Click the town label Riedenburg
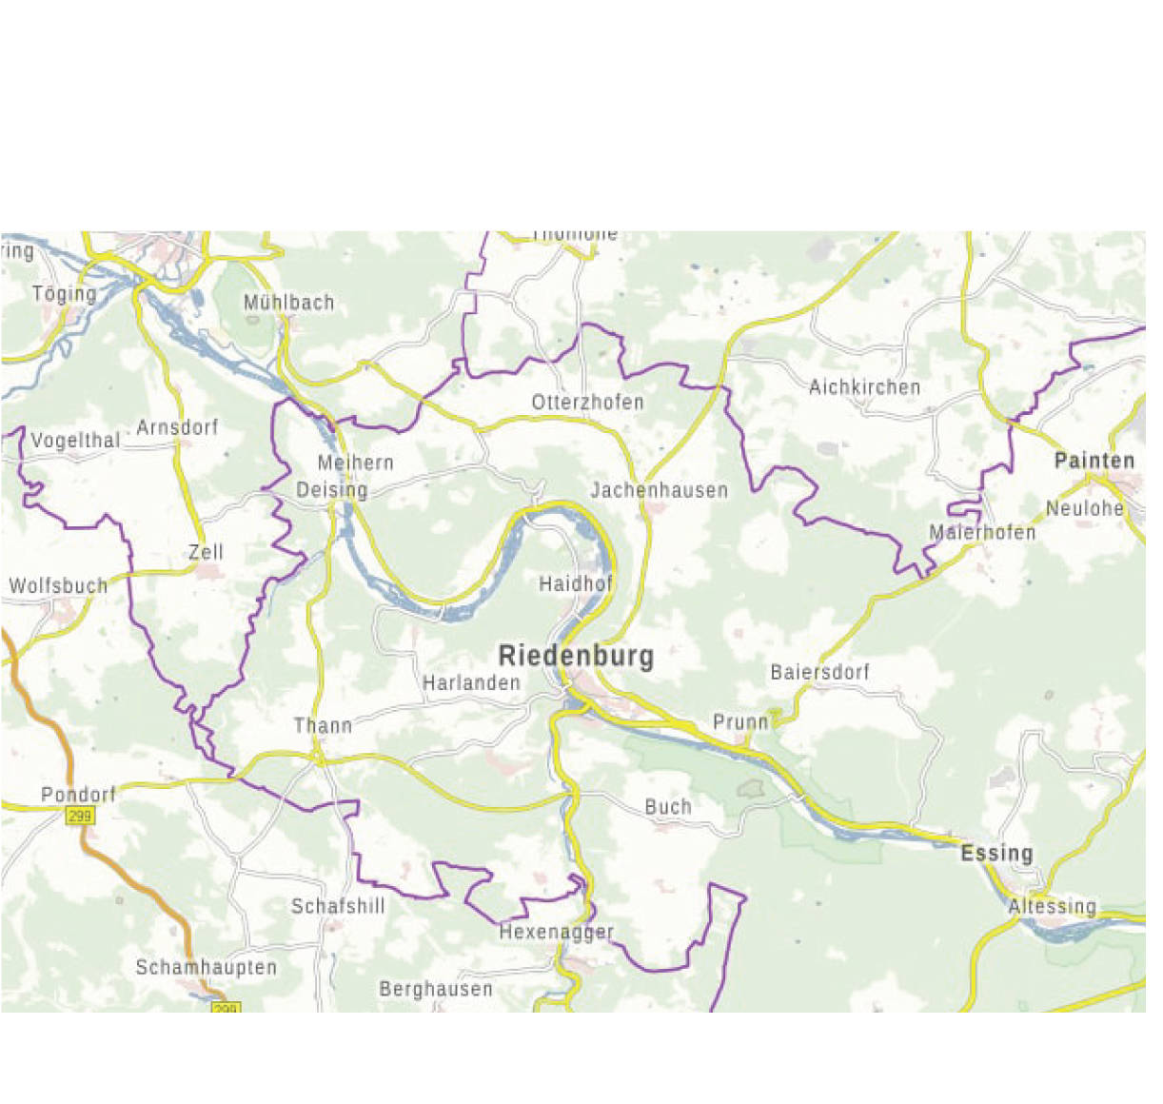click(x=576, y=656)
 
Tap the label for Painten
click(x=1094, y=462)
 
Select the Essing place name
click(x=996, y=853)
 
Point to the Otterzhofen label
click(x=587, y=403)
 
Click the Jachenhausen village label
click(x=659, y=491)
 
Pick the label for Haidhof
click(x=576, y=584)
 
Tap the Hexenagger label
click(x=557, y=933)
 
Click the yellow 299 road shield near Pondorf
click(x=80, y=816)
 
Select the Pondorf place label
click(x=78, y=795)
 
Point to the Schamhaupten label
click(x=206, y=968)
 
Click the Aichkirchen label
click(x=864, y=387)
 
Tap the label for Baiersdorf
click(x=819, y=672)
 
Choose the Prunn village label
click(x=740, y=722)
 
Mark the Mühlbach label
click(x=288, y=303)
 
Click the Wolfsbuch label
click(x=58, y=586)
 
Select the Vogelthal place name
click(x=75, y=441)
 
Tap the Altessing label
click(x=1052, y=907)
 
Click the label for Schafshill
click(x=338, y=906)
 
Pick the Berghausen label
click(x=436, y=990)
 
